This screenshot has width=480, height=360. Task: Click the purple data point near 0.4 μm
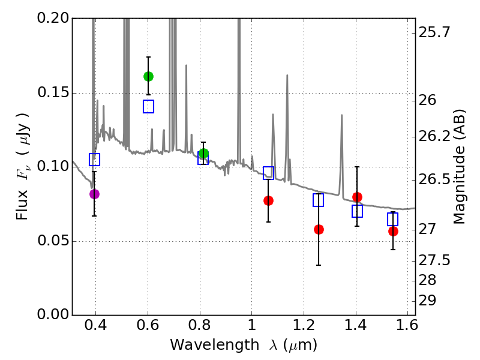[94, 194]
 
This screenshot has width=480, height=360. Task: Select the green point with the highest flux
[148, 76]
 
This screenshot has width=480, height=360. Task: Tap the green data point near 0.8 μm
[203, 154]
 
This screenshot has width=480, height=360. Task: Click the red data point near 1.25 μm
[319, 229]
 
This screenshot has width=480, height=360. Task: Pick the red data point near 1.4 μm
[357, 197]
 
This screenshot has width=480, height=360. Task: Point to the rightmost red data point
[393, 231]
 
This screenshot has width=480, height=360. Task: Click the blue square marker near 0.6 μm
[148, 106]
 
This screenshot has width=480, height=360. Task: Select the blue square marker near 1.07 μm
[268, 173]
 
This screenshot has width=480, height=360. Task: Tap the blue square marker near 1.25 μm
[318, 200]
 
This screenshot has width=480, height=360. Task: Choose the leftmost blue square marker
[94, 159]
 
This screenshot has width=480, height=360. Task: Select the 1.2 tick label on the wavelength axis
[303, 328]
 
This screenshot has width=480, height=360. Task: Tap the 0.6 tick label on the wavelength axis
[148, 328]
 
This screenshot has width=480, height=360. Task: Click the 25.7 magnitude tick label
[437, 32]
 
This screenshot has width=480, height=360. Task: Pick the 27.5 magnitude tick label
[437, 260]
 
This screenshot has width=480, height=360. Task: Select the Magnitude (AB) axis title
[460, 166]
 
